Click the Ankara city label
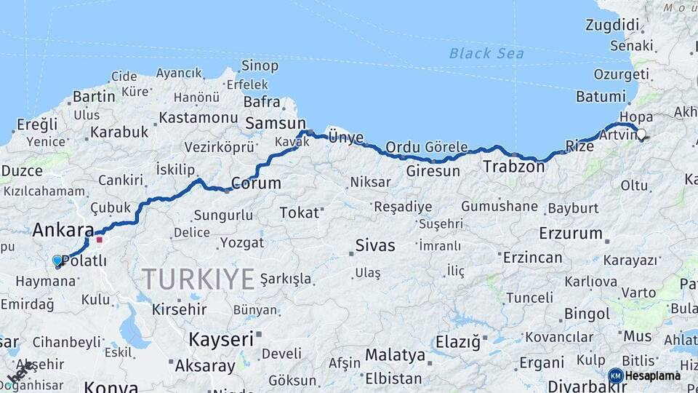[63, 230]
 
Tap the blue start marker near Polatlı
[57, 261]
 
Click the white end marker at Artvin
[641, 134]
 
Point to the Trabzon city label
[514, 167]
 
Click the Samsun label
[275, 124]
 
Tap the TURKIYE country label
[198, 279]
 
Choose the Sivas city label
[375, 245]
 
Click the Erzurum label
[571, 234]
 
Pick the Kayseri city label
[221, 339]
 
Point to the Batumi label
[601, 96]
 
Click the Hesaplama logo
[646, 376]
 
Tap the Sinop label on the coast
[260, 66]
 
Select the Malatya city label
[395, 355]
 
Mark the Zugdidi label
[611, 25]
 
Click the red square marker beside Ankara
[100, 239]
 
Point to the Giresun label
[433, 172]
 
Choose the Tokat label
[300, 213]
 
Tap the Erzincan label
[532, 258]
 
